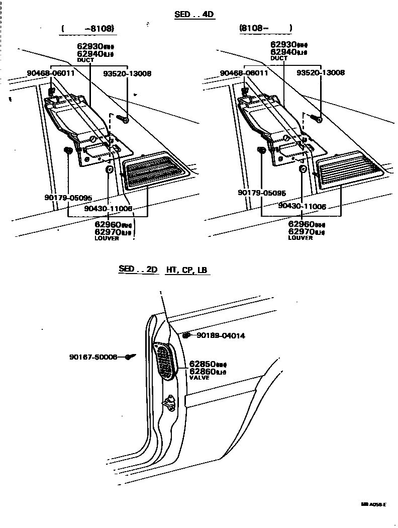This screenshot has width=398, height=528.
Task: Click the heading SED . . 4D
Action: coord(194,14)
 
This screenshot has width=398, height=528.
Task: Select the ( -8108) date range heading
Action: coord(88,29)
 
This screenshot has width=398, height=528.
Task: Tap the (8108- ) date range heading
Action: coord(265,28)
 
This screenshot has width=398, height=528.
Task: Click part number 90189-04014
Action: coord(221,335)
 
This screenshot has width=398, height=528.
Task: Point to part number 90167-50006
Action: coord(93,357)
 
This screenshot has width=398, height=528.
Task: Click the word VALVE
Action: coord(200,378)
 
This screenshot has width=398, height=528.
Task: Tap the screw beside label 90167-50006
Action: coord(130,357)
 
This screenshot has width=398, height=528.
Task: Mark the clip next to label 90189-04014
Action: coord(186,334)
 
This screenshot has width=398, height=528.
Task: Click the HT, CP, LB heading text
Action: coord(186,270)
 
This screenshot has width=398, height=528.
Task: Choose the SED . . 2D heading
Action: coord(138,270)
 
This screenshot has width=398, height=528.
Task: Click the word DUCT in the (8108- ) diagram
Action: coord(279,58)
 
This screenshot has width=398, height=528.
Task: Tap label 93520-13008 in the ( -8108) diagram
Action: coord(127,73)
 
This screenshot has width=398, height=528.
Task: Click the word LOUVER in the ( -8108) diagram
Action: coord(107,238)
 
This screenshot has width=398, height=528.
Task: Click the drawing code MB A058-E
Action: coord(373,504)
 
